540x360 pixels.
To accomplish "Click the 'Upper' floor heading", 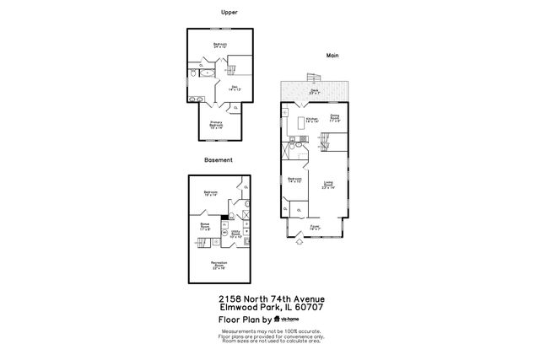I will [x=228, y=13].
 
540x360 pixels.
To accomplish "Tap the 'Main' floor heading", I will [x=332, y=56].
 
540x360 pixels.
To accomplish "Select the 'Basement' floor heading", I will [x=219, y=159].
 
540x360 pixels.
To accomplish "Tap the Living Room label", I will [x=328, y=185].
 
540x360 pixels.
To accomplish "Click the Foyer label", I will [x=314, y=227].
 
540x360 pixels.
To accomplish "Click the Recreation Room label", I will [x=219, y=265].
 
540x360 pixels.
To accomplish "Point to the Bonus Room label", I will [x=204, y=227].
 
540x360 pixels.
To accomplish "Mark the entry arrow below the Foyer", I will [x=297, y=242].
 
